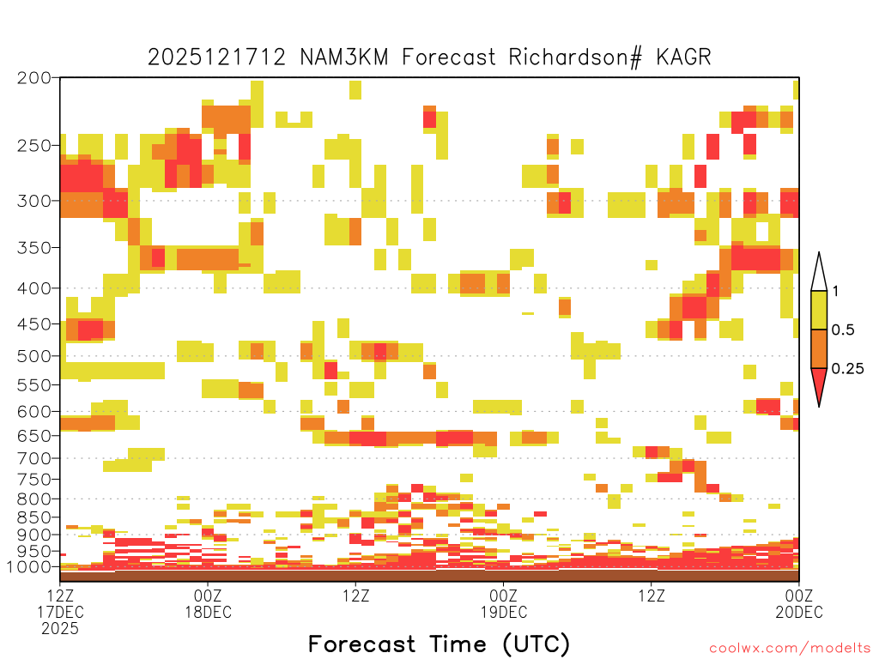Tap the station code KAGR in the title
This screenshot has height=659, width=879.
click(x=684, y=57)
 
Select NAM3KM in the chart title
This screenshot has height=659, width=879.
click(x=344, y=57)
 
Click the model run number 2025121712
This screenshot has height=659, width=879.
click(x=217, y=57)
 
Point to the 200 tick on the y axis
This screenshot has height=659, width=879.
click(x=34, y=78)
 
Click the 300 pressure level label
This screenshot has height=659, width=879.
click(x=34, y=201)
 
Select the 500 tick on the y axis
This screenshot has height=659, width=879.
click(x=34, y=356)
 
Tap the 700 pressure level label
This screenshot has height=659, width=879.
click(x=34, y=458)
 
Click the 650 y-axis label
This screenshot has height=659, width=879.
click(x=34, y=435)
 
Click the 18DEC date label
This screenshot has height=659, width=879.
click(x=208, y=612)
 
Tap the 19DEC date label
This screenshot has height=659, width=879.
click(x=503, y=612)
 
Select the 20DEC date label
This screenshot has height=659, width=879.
click(x=799, y=612)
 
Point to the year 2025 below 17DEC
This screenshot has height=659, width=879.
click(x=60, y=629)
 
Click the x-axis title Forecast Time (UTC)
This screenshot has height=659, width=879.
click(x=439, y=644)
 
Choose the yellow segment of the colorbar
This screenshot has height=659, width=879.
click(x=819, y=310)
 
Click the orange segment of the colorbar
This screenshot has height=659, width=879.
click(x=819, y=348)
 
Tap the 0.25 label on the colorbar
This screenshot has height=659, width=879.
click(x=847, y=369)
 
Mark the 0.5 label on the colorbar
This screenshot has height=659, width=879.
click(x=843, y=330)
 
